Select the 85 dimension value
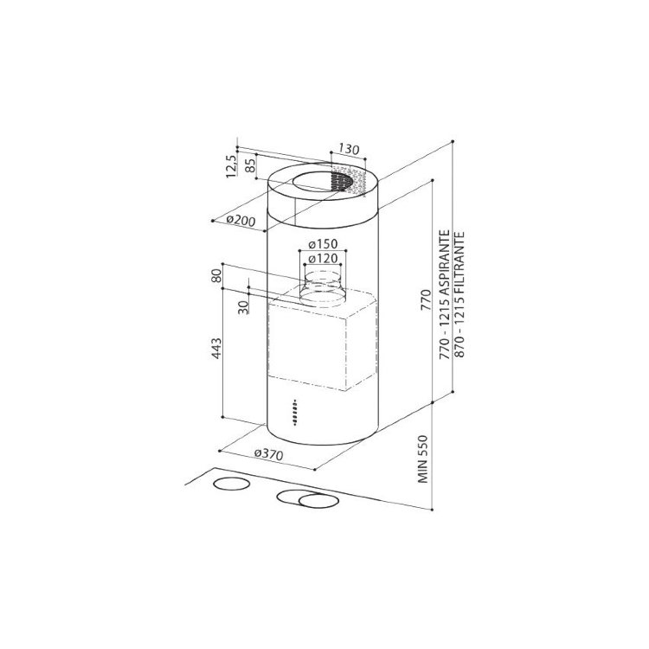(249, 166)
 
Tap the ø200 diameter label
(241, 221)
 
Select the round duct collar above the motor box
(324, 286)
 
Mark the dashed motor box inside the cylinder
(320, 342)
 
